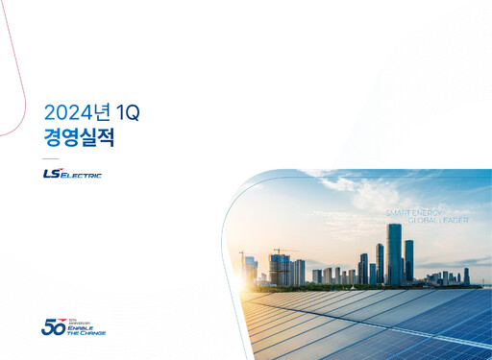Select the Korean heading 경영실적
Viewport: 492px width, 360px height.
tap(80, 137)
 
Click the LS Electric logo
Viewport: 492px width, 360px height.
tap(72, 174)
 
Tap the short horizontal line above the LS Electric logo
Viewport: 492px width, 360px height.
tap(51, 158)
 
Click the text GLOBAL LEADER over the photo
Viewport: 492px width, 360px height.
tap(437, 220)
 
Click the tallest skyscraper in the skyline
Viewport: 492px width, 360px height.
tap(394, 253)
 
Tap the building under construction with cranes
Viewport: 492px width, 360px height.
tap(280, 269)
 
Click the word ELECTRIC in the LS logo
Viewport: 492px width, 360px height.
tap(83, 176)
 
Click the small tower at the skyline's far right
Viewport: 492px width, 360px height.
tap(467, 276)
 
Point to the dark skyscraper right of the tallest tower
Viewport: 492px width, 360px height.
tap(409, 260)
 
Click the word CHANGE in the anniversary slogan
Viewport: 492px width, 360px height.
tap(93, 333)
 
